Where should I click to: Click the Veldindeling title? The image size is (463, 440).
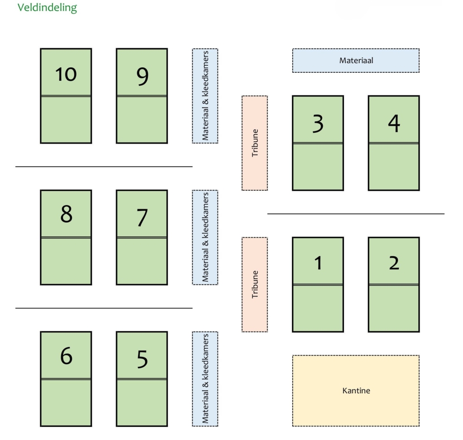click(x=47, y=8)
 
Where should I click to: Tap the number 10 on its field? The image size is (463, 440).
click(x=66, y=74)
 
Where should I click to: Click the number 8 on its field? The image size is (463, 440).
click(x=66, y=214)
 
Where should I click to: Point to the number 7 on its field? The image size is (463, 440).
click(x=142, y=218)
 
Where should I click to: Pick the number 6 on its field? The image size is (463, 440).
click(x=66, y=356)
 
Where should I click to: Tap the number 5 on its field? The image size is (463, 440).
click(x=142, y=359)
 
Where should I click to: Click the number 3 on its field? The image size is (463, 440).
click(x=318, y=123)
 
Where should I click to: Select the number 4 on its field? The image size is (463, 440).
click(x=394, y=123)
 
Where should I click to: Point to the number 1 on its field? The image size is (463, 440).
click(x=318, y=263)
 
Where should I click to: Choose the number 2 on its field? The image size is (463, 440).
click(x=394, y=263)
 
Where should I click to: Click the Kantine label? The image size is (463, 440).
click(x=356, y=391)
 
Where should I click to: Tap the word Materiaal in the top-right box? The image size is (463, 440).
click(x=356, y=60)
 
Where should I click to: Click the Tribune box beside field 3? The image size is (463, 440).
click(x=255, y=143)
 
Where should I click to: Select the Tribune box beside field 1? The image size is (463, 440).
click(x=255, y=285)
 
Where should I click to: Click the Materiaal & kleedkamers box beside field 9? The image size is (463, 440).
click(x=205, y=96)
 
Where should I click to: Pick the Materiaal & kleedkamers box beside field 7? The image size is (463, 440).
click(x=205, y=237)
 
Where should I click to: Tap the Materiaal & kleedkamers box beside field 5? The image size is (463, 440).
click(x=205, y=379)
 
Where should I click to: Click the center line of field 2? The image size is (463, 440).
click(x=394, y=285)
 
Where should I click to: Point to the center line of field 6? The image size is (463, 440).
click(x=66, y=379)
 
